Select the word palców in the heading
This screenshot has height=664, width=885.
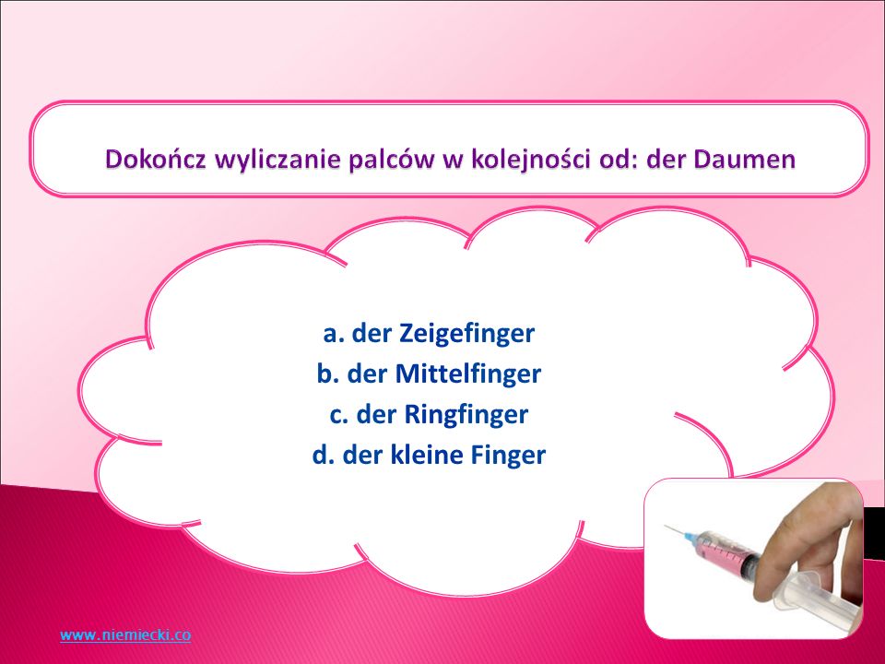point(393,160)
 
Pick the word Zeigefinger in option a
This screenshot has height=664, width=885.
point(466,334)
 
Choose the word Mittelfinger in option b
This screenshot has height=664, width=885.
point(468,373)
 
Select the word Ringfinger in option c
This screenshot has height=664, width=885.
point(466,415)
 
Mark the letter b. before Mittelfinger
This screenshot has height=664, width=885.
point(328,373)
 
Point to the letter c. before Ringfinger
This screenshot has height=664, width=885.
point(339,416)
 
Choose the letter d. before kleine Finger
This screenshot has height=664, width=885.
point(324,455)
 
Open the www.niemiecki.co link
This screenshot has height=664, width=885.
point(125,634)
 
